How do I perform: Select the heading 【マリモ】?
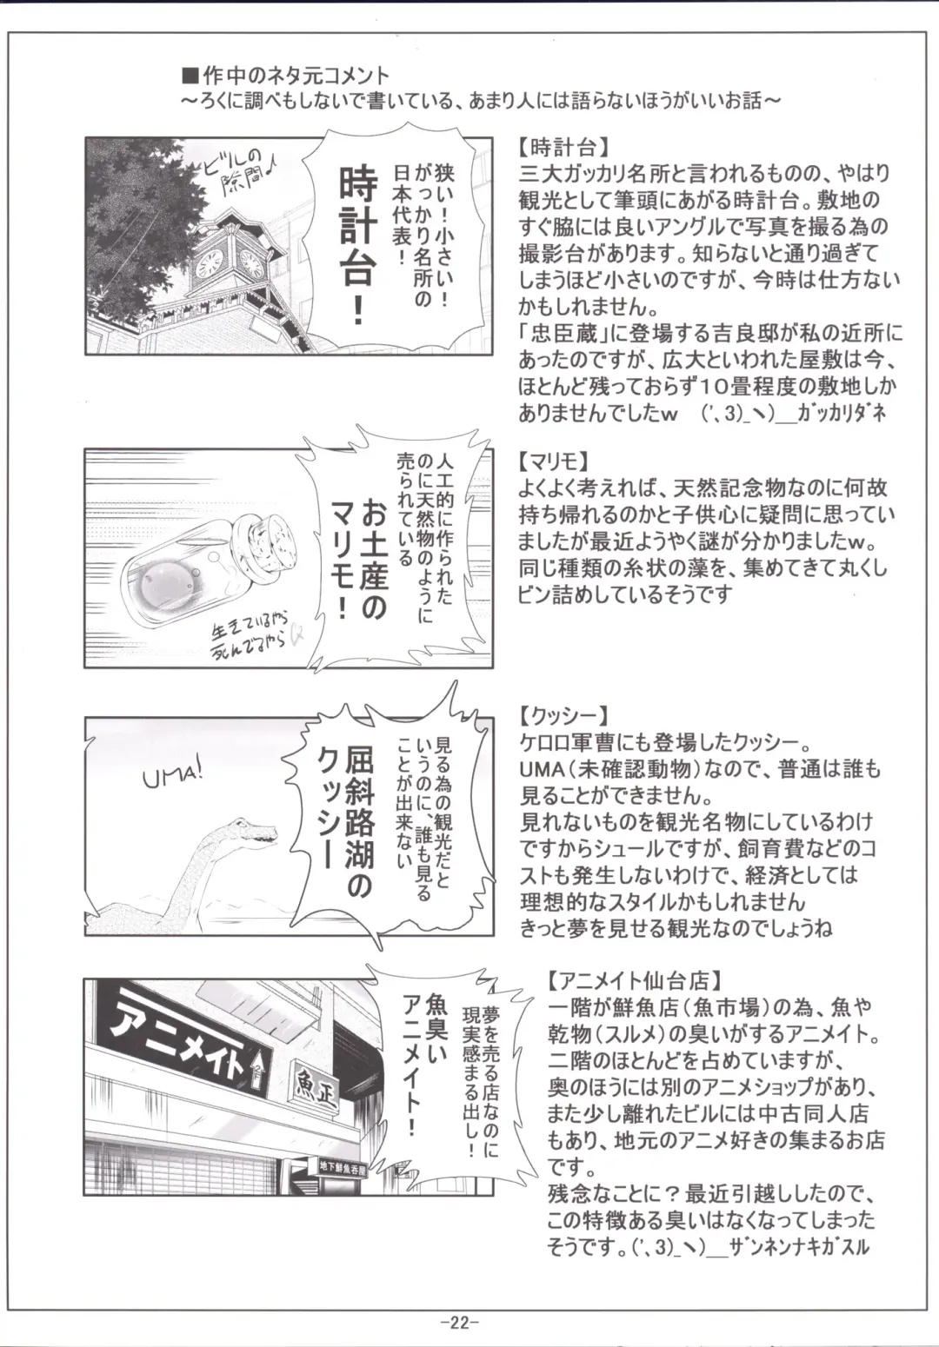pos(556,460)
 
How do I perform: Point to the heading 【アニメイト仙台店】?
pos(636,980)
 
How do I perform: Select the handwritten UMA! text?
pos(173,772)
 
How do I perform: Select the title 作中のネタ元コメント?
pos(295,76)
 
